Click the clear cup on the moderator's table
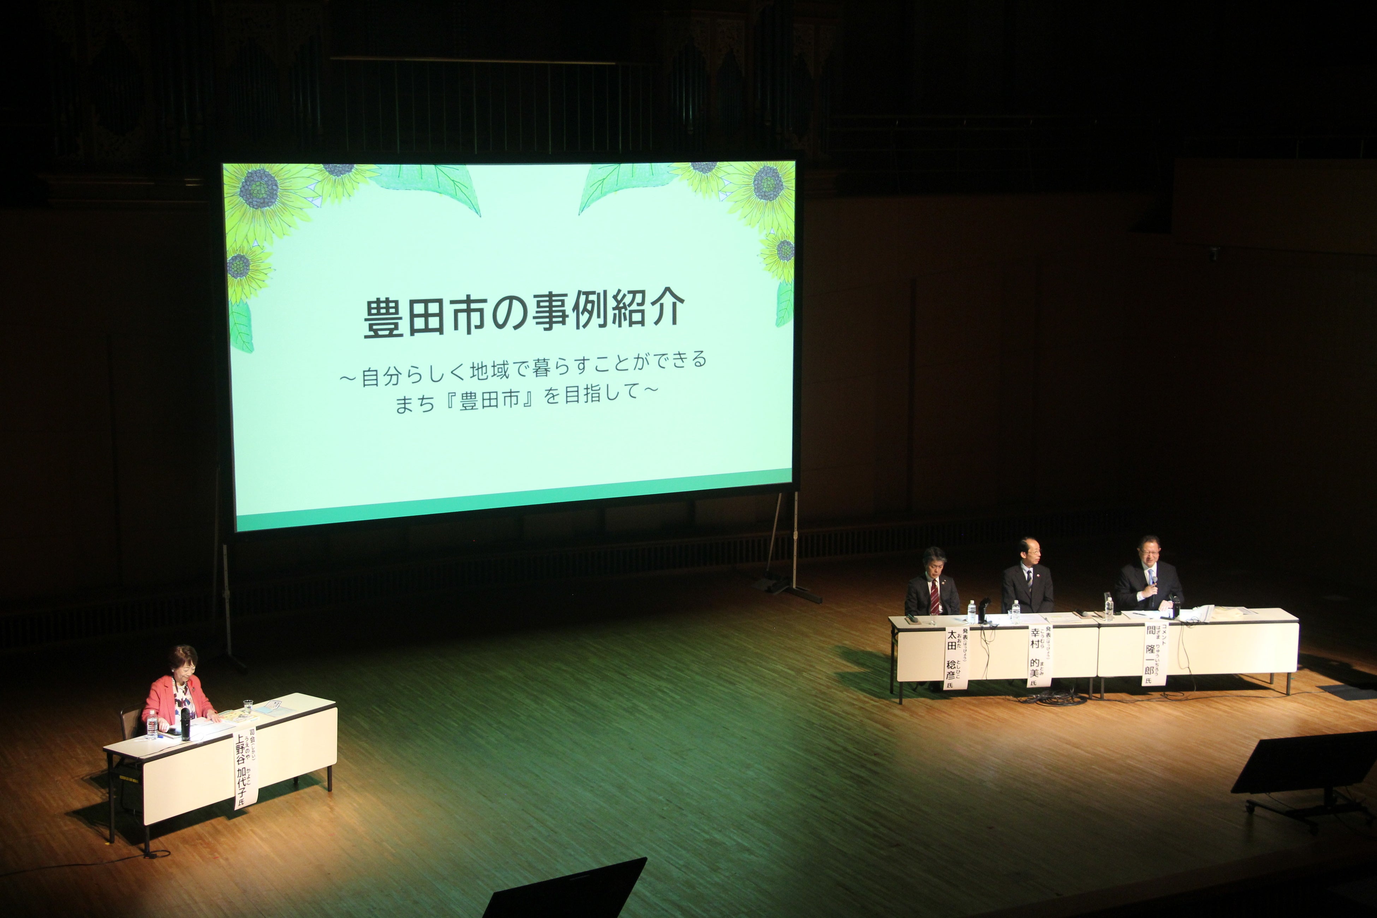pos(248,707)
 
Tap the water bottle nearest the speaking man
pos(1108,607)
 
